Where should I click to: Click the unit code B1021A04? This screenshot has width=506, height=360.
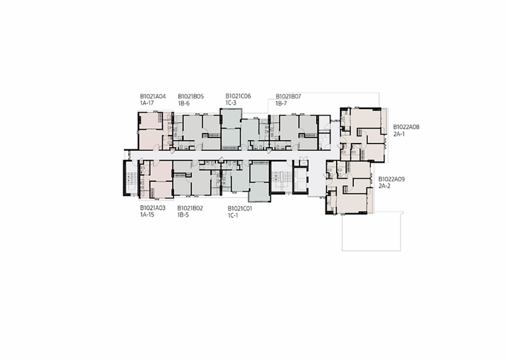pyautogui.click(x=153, y=96)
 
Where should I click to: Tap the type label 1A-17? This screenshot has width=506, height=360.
pyautogui.click(x=147, y=103)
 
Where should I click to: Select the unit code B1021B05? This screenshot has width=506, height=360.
pyautogui.click(x=191, y=96)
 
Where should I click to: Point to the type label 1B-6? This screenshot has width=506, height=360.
pyautogui.click(x=184, y=103)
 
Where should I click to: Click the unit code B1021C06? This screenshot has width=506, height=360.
pyautogui.click(x=238, y=96)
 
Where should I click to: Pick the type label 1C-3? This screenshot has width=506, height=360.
pyautogui.click(x=231, y=103)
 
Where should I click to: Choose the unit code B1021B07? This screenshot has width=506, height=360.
pyautogui.click(x=288, y=96)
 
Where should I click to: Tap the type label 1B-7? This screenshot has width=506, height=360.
pyautogui.click(x=281, y=103)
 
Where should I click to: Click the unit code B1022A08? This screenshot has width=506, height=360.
pyautogui.click(x=406, y=127)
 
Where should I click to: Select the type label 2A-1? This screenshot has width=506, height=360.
pyautogui.click(x=399, y=134)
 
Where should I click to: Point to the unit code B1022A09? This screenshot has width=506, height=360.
pyautogui.click(x=392, y=179)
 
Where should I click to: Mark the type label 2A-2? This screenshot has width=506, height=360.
pyautogui.click(x=384, y=186)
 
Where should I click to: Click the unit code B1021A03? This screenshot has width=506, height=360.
pyautogui.click(x=153, y=208)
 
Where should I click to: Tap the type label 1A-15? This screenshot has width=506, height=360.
pyautogui.click(x=147, y=215)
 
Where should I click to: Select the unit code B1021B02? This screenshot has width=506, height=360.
pyautogui.click(x=190, y=208)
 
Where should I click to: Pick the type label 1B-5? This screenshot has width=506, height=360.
pyautogui.click(x=183, y=215)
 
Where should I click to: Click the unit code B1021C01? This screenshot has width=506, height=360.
pyautogui.click(x=240, y=208)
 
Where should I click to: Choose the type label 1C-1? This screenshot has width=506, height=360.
pyautogui.click(x=233, y=215)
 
